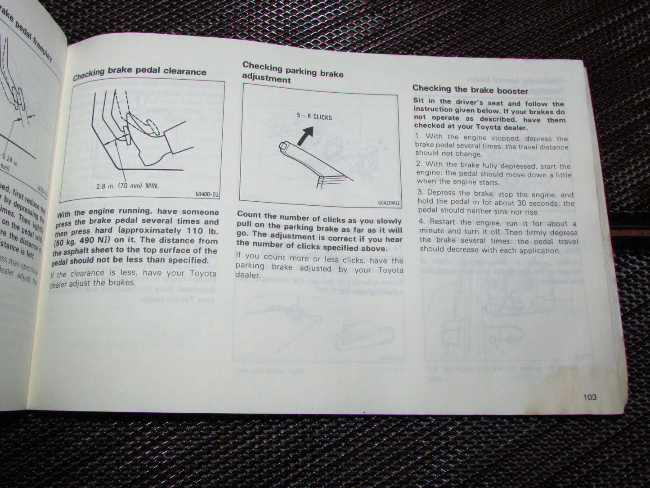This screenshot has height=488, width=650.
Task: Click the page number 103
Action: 589,398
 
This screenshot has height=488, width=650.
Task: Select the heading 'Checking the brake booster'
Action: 470,90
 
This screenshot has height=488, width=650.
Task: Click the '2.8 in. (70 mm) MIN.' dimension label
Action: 128,185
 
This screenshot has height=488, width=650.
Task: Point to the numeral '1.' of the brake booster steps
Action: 417,136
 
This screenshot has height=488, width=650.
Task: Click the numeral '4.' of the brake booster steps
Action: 421,221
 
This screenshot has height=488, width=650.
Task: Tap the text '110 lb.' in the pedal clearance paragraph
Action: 201,231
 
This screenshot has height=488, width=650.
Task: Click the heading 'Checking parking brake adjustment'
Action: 292,72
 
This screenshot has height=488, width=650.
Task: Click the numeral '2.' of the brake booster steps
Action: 419,164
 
